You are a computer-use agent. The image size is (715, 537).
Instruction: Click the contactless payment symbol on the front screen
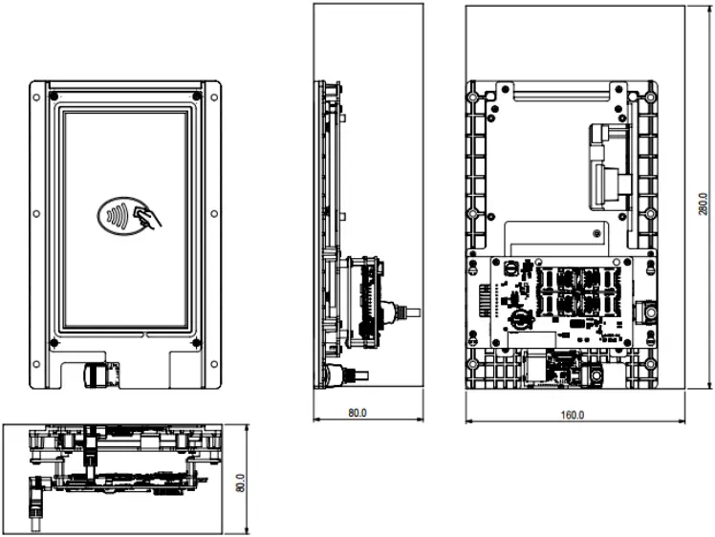(129, 215)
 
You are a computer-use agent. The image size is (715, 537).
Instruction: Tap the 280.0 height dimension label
(704, 205)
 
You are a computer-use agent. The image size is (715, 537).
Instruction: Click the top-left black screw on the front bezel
(54, 97)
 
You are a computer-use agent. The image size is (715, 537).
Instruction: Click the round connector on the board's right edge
(650, 312)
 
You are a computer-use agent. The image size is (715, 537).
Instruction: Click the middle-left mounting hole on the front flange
(36, 214)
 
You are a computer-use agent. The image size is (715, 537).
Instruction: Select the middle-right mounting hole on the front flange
(216, 214)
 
